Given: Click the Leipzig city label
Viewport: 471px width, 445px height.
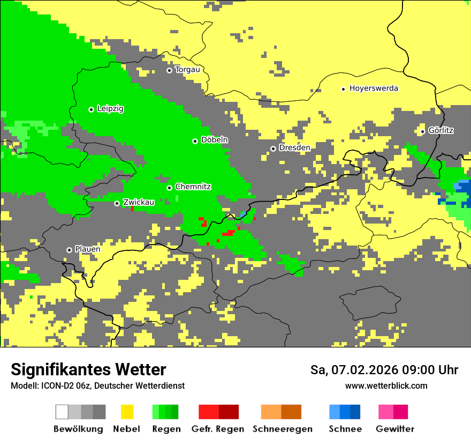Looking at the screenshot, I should pyautogui.click(x=110, y=109).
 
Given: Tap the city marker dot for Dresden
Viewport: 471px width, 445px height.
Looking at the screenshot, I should pyautogui.click(x=273, y=149).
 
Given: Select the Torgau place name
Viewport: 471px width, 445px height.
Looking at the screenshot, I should pyautogui.click(x=187, y=70).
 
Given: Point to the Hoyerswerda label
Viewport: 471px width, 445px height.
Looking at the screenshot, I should pyautogui.click(x=374, y=88).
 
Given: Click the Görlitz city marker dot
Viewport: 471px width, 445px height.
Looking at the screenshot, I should pyautogui.click(x=422, y=131).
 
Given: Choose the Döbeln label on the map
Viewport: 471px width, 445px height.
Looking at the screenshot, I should pyautogui.click(x=214, y=140).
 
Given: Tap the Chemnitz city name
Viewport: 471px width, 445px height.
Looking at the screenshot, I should pyautogui.click(x=193, y=187).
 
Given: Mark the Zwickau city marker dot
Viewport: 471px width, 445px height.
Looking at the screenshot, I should pyautogui.click(x=117, y=203).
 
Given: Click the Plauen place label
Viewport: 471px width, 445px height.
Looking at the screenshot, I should pyautogui.click(x=87, y=249).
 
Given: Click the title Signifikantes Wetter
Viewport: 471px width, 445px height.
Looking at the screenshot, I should pyautogui.click(x=88, y=369).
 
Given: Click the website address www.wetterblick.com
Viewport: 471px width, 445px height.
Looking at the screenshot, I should pyautogui.click(x=386, y=385).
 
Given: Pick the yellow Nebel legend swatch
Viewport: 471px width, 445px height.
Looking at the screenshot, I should pyautogui.click(x=127, y=412).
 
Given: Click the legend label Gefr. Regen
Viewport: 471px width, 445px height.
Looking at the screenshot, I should pyautogui.click(x=218, y=429).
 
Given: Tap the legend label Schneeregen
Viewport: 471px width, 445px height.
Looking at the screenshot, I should pyautogui.click(x=282, y=429).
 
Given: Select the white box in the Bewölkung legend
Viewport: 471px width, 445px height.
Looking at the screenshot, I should pyautogui.click(x=62, y=412).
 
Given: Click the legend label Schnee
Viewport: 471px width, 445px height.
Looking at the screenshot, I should pyautogui.click(x=345, y=429).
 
